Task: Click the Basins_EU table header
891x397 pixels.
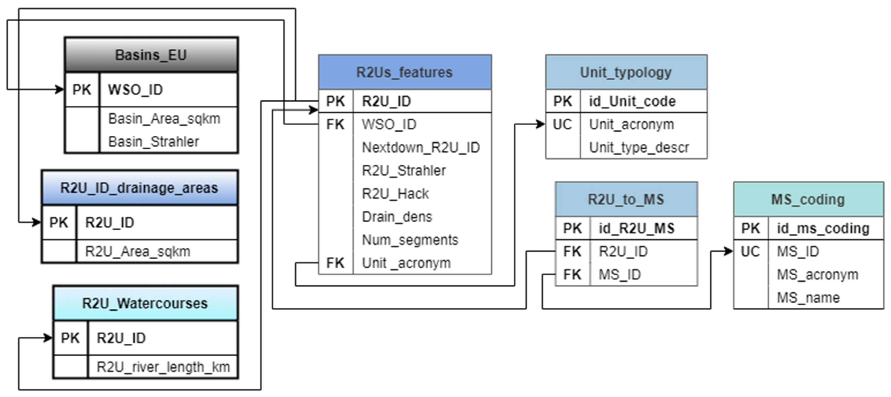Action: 151,55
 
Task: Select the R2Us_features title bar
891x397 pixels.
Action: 405,72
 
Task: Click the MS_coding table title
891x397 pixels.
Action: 808,199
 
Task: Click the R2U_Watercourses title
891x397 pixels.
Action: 145,303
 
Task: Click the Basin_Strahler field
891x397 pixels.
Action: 154,142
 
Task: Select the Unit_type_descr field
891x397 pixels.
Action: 639,147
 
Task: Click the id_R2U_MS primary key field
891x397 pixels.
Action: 637,228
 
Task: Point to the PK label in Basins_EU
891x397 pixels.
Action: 82,90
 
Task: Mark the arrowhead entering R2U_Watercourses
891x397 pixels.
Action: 48,338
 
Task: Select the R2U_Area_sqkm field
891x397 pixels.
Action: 138,252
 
